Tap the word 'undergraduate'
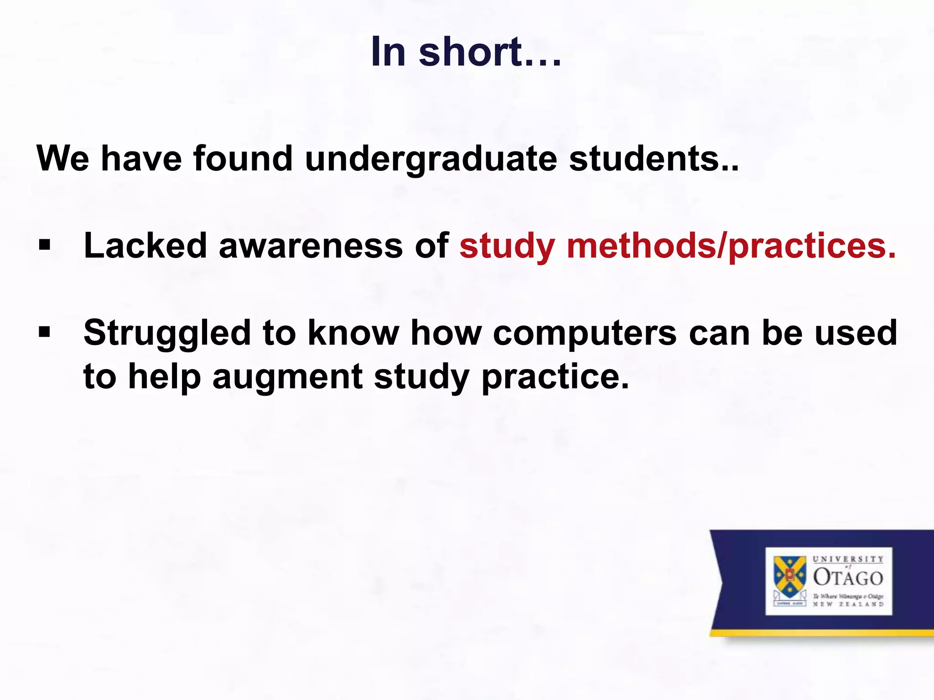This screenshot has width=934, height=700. click(431, 159)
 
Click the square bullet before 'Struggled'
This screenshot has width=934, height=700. click(44, 332)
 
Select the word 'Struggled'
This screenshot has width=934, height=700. click(167, 333)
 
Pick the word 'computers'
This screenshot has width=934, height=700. click(585, 333)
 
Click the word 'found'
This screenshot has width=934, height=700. click(243, 159)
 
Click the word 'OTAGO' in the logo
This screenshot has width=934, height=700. click(848, 578)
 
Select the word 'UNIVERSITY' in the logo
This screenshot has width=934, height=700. click(848, 559)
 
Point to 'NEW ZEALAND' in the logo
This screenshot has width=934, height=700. click(848, 604)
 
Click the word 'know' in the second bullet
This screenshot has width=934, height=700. click(353, 333)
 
